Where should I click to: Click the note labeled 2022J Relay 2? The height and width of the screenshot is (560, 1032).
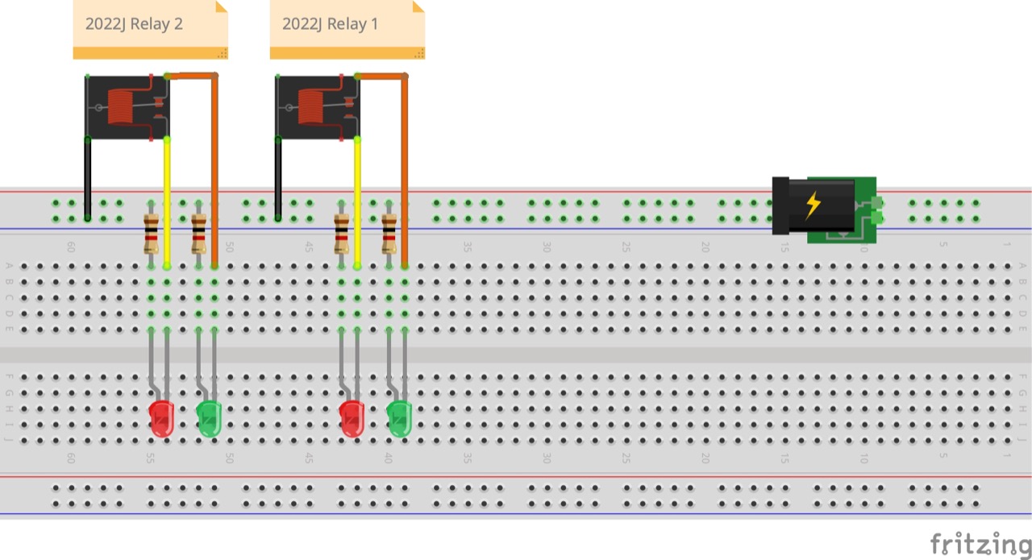point(150,30)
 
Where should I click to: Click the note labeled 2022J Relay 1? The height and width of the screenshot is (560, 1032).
point(347,30)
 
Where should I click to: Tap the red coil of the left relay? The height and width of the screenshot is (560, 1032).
point(120,107)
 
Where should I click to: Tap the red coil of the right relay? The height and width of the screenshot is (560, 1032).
point(311,107)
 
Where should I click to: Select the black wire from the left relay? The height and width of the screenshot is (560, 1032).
point(88,179)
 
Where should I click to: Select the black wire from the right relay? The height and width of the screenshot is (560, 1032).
point(278,179)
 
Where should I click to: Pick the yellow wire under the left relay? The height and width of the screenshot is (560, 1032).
point(167,202)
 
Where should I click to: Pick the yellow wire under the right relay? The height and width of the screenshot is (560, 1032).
point(357,202)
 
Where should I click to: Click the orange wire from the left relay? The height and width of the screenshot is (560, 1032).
point(214,170)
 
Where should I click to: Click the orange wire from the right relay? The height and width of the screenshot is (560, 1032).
point(405,170)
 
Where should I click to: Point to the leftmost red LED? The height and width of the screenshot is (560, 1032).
point(161,418)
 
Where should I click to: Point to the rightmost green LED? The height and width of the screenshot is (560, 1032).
point(399,418)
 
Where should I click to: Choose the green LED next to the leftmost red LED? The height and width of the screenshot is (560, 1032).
point(209,418)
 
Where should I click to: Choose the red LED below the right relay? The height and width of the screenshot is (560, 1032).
point(352,418)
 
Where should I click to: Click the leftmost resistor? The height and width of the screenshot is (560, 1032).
point(151,234)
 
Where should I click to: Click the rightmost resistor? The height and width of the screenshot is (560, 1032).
point(389,234)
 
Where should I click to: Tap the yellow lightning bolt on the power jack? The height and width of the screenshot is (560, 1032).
point(813,205)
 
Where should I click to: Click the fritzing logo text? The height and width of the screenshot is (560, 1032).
point(980,545)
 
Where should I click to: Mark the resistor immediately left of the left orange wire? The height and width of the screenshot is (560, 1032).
point(198,234)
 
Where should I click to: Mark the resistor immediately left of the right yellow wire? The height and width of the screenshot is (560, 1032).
point(341,234)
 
